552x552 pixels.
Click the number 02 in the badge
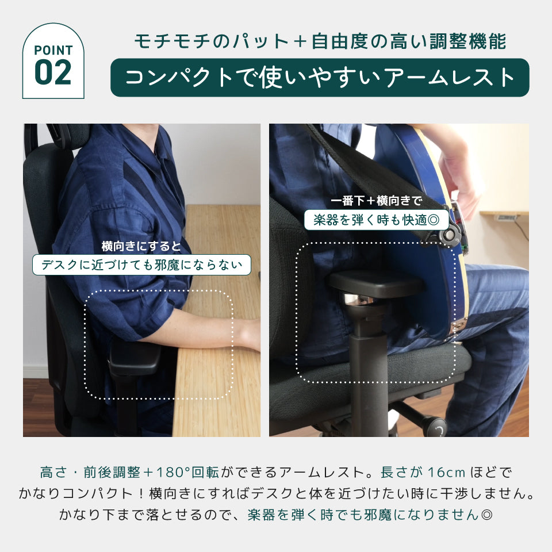click(x=53, y=72)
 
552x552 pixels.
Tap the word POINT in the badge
click(x=53, y=51)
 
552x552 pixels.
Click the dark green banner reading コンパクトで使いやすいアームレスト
click(x=320, y=78)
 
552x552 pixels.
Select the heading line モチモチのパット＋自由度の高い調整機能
click(x=320, y=41)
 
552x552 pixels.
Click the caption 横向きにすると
click(x=141, y=246)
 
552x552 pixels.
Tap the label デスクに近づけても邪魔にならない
click(x=141, y=264)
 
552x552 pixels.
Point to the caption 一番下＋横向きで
click(x=376, y=201)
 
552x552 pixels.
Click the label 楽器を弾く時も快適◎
click(x=376, y=220)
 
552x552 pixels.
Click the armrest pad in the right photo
click(x=377, y=283)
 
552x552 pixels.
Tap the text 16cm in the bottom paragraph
click(x=446, y=472)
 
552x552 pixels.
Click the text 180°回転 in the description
click(x=187, y=472)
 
